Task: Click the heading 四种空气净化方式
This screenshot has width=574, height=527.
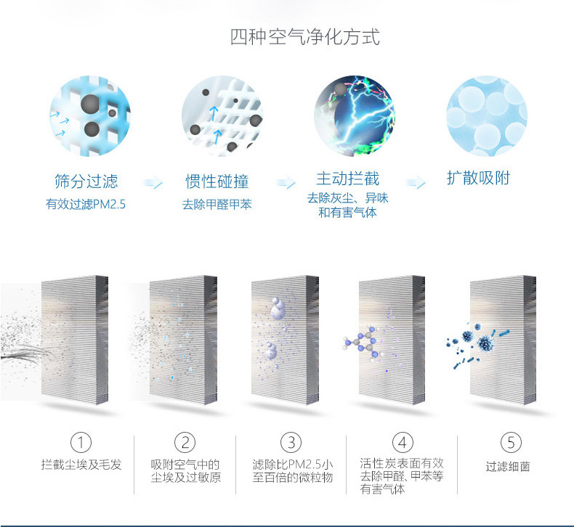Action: click(304, 36)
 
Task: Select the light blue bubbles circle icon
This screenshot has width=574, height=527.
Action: click(486, 115)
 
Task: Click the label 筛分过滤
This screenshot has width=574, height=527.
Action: click(86, 181)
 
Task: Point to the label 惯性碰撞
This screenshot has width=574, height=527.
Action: click(217, 181)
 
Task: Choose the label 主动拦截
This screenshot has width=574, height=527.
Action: click(347, 179)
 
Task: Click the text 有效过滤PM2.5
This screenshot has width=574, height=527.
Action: click(86, 204)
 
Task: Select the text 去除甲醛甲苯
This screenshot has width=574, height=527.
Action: click(217, 204)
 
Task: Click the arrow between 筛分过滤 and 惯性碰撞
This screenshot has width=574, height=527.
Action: click(153, 183)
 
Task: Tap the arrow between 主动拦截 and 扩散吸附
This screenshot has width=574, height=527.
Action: click(416, 183)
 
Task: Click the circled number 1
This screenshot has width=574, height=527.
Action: click(81, 442)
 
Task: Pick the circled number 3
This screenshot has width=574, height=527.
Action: click(291, 442)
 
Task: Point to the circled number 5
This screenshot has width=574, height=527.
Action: click(511, 442)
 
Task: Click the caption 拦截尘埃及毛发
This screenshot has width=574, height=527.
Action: click(81, 465)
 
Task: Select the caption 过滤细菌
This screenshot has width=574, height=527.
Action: click(508, 466)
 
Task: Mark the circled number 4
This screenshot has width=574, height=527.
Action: click(402, 442)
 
